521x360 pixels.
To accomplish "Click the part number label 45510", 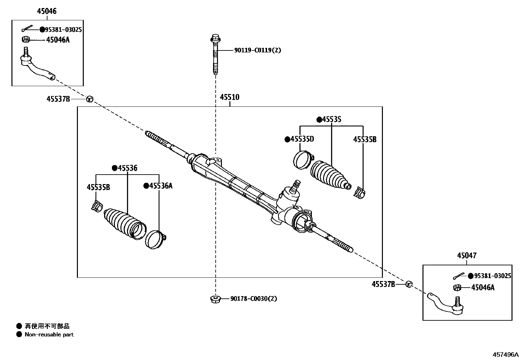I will tap(229, 97).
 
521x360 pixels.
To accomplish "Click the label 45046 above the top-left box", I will tap(46, 11).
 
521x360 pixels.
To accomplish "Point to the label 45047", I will tap(467, 256).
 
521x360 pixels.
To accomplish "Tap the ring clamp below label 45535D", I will tap(302, 160).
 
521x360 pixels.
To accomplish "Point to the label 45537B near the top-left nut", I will tap(58, 99).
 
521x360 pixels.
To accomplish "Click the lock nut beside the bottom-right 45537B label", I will tap(408, 284).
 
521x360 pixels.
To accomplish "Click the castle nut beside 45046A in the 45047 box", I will tap(457, 288).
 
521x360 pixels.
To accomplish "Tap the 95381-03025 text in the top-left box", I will tap(63, 30).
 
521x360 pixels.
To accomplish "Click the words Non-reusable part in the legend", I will tap(49, 334).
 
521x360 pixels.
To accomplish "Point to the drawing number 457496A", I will tap(506, 355).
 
